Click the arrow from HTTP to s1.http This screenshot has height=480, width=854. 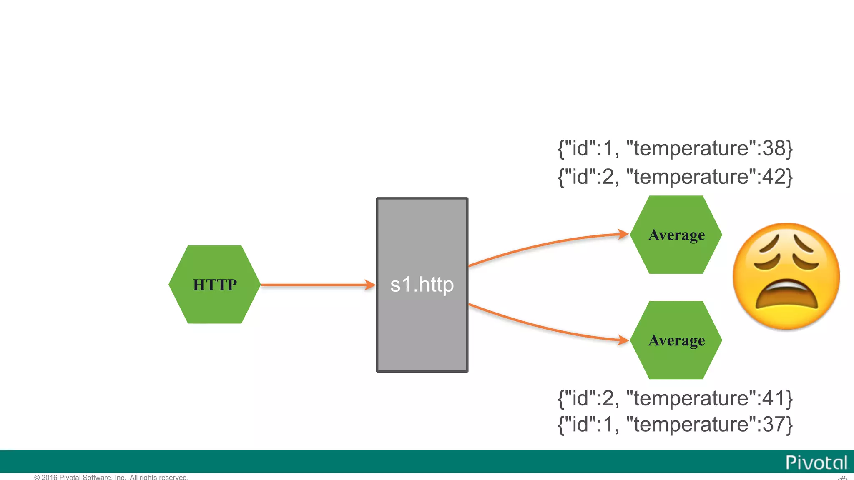(x=317, y=285)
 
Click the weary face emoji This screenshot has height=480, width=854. (x=786, y=276)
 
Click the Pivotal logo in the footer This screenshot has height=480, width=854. (x=816, y=462)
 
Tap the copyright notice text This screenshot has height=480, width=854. (x=111, y=477)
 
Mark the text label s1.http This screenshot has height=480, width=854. (x=422, y=285)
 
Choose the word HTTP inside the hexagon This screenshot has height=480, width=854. (x=215, y=285)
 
